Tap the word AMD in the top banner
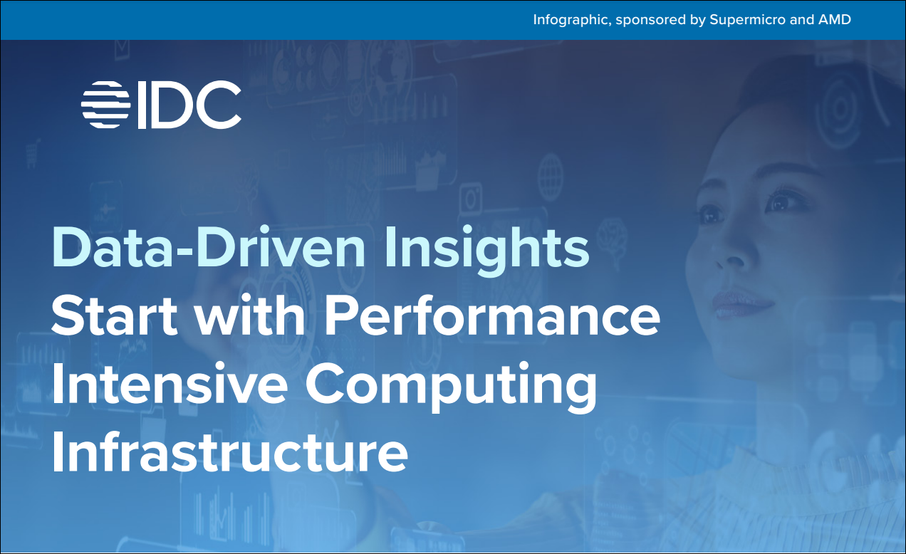pyautogui.click(x=834, y=19)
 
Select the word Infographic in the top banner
pyautogui.click(x=572, y=20)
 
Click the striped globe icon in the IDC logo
pyautogui.click(x=105, y=105)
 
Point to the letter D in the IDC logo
pyautogui.click(x=170, y=105)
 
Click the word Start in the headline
pyautogui.click(x=114, y=315)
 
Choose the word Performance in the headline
pyautogui.click(x=492, y=315)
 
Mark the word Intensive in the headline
pyautogui.click(x=170, y=382)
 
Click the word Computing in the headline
pyautogui.click(x=451, y=387)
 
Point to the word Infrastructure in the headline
pyautogui.click(x=230, y=451)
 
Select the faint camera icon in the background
pyautogui.click(x=472, y=198)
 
